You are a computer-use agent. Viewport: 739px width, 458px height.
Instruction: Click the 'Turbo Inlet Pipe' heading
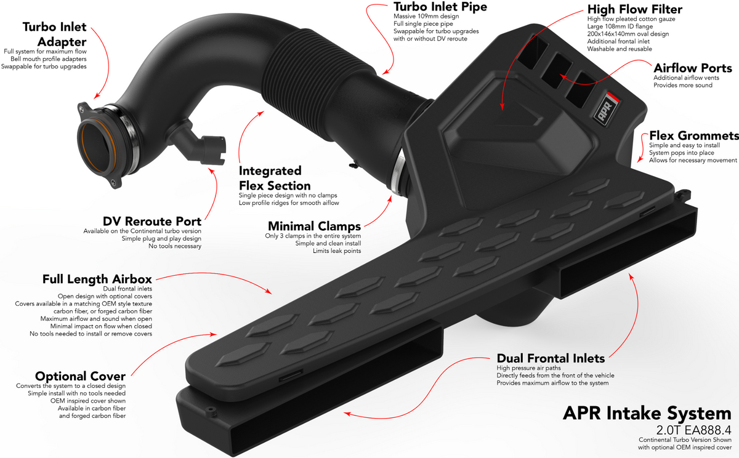[x=440, y=7]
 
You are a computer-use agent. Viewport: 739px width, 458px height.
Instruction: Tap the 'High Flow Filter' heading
[x=635, y=9]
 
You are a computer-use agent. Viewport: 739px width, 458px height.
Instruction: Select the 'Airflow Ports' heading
[x=692, y=68]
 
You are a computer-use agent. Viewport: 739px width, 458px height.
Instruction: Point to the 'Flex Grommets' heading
[x=694, y=135]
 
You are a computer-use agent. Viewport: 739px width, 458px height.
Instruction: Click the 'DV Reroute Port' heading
[x=151, y=221]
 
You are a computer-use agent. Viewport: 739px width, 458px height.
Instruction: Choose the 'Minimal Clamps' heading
[x=314, y=226]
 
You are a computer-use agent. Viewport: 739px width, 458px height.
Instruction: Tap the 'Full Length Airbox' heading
[x=97, y=279]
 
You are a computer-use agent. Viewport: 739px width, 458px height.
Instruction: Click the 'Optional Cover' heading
[x=80, y=376]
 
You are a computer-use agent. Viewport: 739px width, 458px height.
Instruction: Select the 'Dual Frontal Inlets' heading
[x=551, y=358]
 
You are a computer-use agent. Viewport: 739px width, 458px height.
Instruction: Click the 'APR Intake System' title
[x=647, y=413]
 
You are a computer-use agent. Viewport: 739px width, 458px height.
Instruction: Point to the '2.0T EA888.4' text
[x=693, y=430]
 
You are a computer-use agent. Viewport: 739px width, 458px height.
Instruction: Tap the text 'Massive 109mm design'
[x=426, y=16]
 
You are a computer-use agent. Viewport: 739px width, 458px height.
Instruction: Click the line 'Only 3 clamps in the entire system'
[x=313, y=236]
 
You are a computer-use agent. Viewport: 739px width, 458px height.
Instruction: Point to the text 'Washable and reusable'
[x=620, y=49]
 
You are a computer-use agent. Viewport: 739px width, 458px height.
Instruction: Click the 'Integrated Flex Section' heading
[x=275, y=178]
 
